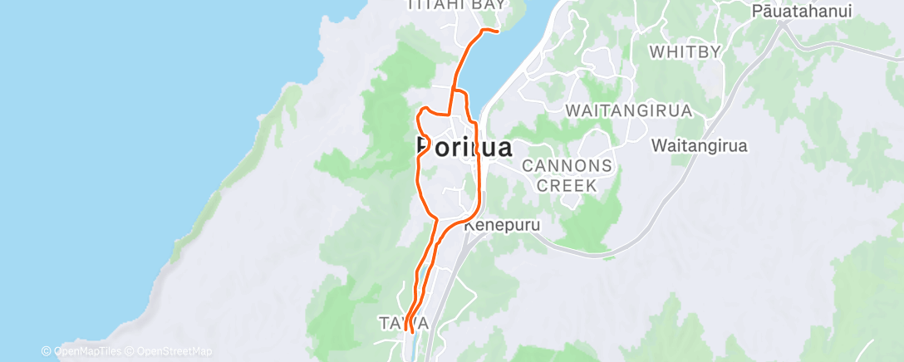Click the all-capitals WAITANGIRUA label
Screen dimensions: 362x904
[628, 110]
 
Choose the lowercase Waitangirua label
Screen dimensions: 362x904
[700, 145]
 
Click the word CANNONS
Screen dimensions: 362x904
[567, 166]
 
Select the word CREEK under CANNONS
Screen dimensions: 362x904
[567, 185]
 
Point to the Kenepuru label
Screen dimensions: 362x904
[503, 225]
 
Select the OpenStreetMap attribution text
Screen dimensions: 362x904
[173, 350]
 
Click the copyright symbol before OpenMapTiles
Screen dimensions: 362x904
[47, 350]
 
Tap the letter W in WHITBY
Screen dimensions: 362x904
[656, 51]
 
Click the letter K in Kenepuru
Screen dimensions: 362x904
[469, 225]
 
